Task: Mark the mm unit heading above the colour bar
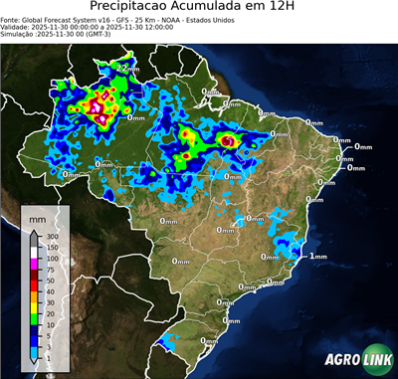tap(38, 215)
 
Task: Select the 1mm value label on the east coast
tap(318, 257)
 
